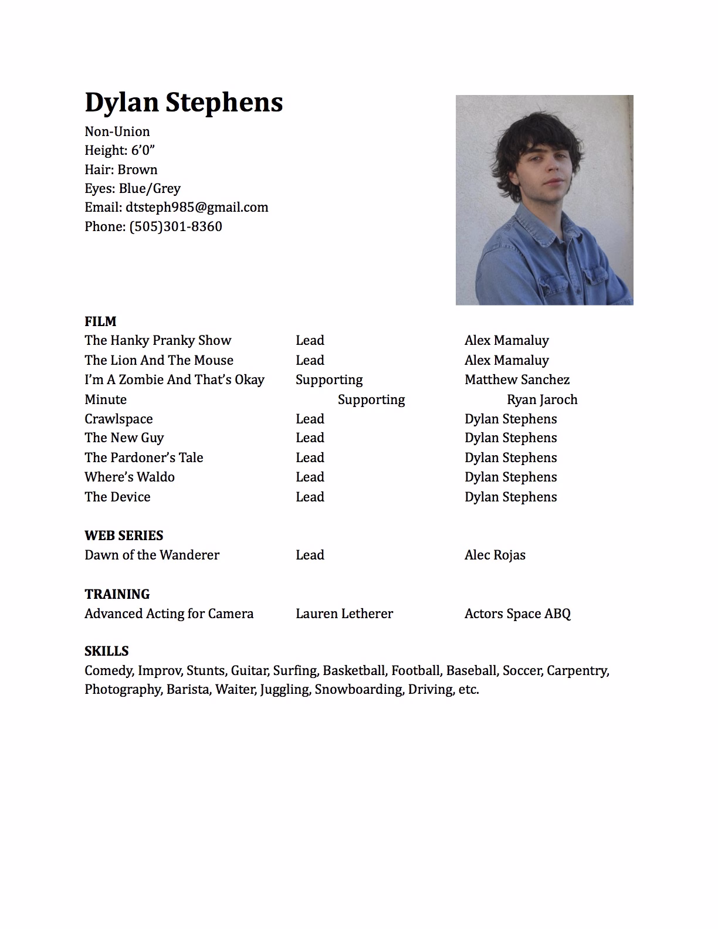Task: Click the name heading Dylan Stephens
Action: tap(184, 103)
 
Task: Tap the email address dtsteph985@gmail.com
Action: tap(197, 207)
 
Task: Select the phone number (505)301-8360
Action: tap(175, 226)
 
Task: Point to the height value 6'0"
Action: tap(143, 150)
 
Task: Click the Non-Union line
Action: tap(117, 131)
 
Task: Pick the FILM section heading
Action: tap(100, 321)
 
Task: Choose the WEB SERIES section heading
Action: tap(124, 535)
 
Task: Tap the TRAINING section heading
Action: tap(117, 594)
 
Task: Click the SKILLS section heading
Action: tap(106, 651)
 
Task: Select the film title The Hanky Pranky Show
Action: tap(158, 340)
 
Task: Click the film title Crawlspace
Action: tap(118, 419)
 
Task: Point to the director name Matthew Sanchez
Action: tap(517, 379)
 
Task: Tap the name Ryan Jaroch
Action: tap(542, 399)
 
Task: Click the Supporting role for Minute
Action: tap(371, 399)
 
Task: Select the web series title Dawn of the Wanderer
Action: tap(152, 555)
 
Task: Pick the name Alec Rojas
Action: tap(495, 555)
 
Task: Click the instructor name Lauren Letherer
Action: tap(344, 613)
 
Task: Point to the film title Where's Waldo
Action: tap(130, 477)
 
